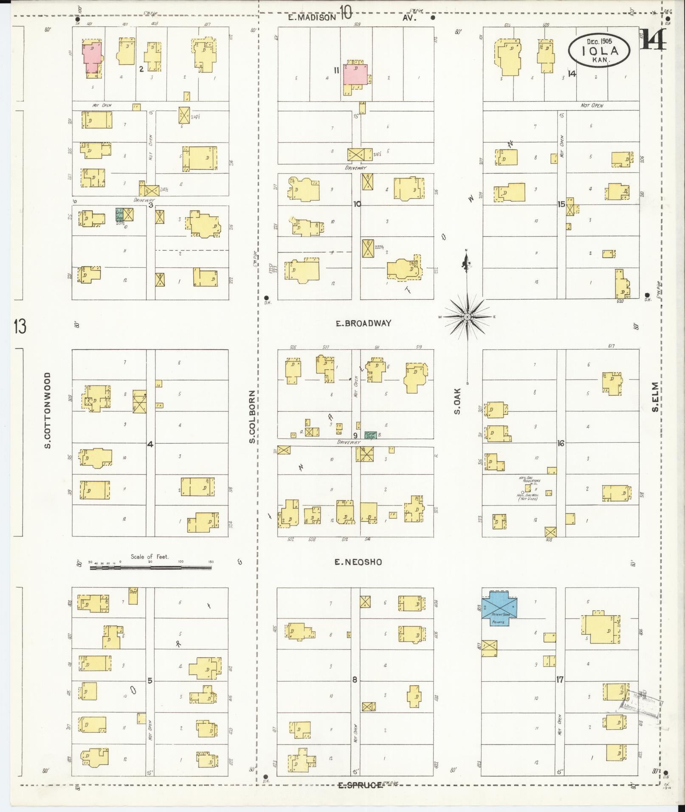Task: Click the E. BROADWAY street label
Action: [363, 323]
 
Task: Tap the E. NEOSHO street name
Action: [358, 562]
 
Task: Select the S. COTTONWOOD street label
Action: [48, 410]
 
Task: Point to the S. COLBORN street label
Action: [252, 417]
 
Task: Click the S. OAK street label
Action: [457, 405]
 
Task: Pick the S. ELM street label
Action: [655, 397]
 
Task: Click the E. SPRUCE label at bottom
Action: [360, 785]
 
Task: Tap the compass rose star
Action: [467, 317]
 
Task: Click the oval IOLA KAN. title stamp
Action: [599, 50]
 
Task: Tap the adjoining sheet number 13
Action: [20, 326]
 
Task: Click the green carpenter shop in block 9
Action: [370, 435]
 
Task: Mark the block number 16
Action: [561, 443]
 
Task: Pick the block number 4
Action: [150, 444]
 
